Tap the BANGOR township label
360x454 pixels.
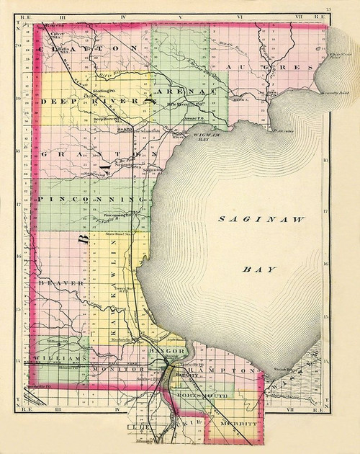pos(169,352)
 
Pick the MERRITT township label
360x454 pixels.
pos(238,425)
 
